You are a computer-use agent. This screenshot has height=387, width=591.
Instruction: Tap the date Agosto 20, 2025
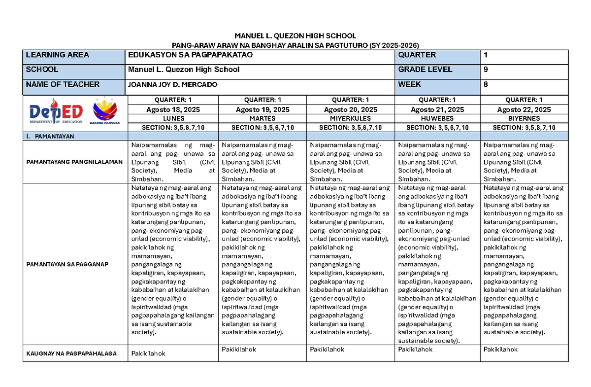(x=351, y=109)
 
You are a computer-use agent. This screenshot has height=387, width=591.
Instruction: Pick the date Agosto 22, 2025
(x=524, y=109)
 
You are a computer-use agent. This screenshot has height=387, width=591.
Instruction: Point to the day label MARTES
(x=262, y=119)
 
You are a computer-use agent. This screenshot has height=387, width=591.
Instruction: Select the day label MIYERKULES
(x=351, y=119)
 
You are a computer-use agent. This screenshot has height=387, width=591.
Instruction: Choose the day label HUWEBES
(x=437, y=119)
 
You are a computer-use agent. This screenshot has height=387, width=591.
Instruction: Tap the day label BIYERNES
(x=524, y=119)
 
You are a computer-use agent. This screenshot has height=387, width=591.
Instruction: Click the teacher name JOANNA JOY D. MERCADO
(x=172, y=85)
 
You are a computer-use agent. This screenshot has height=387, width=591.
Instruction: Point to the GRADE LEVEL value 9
(x=486, y=70)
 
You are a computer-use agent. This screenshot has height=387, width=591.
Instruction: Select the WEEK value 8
(x=486, y=84)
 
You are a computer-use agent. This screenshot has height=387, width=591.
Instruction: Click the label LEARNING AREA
(x=58, y=55)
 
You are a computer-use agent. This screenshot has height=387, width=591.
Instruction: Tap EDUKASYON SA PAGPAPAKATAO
(x=190, y=55)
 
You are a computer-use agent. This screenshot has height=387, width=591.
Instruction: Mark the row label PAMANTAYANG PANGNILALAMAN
(x=74, y=162)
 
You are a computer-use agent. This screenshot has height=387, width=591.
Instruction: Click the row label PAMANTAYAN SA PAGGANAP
(x=67, y=264)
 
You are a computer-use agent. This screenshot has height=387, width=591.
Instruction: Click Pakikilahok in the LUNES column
(x=148, y=353)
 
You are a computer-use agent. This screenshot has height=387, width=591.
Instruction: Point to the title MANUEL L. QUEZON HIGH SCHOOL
(x=295, y=35)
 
